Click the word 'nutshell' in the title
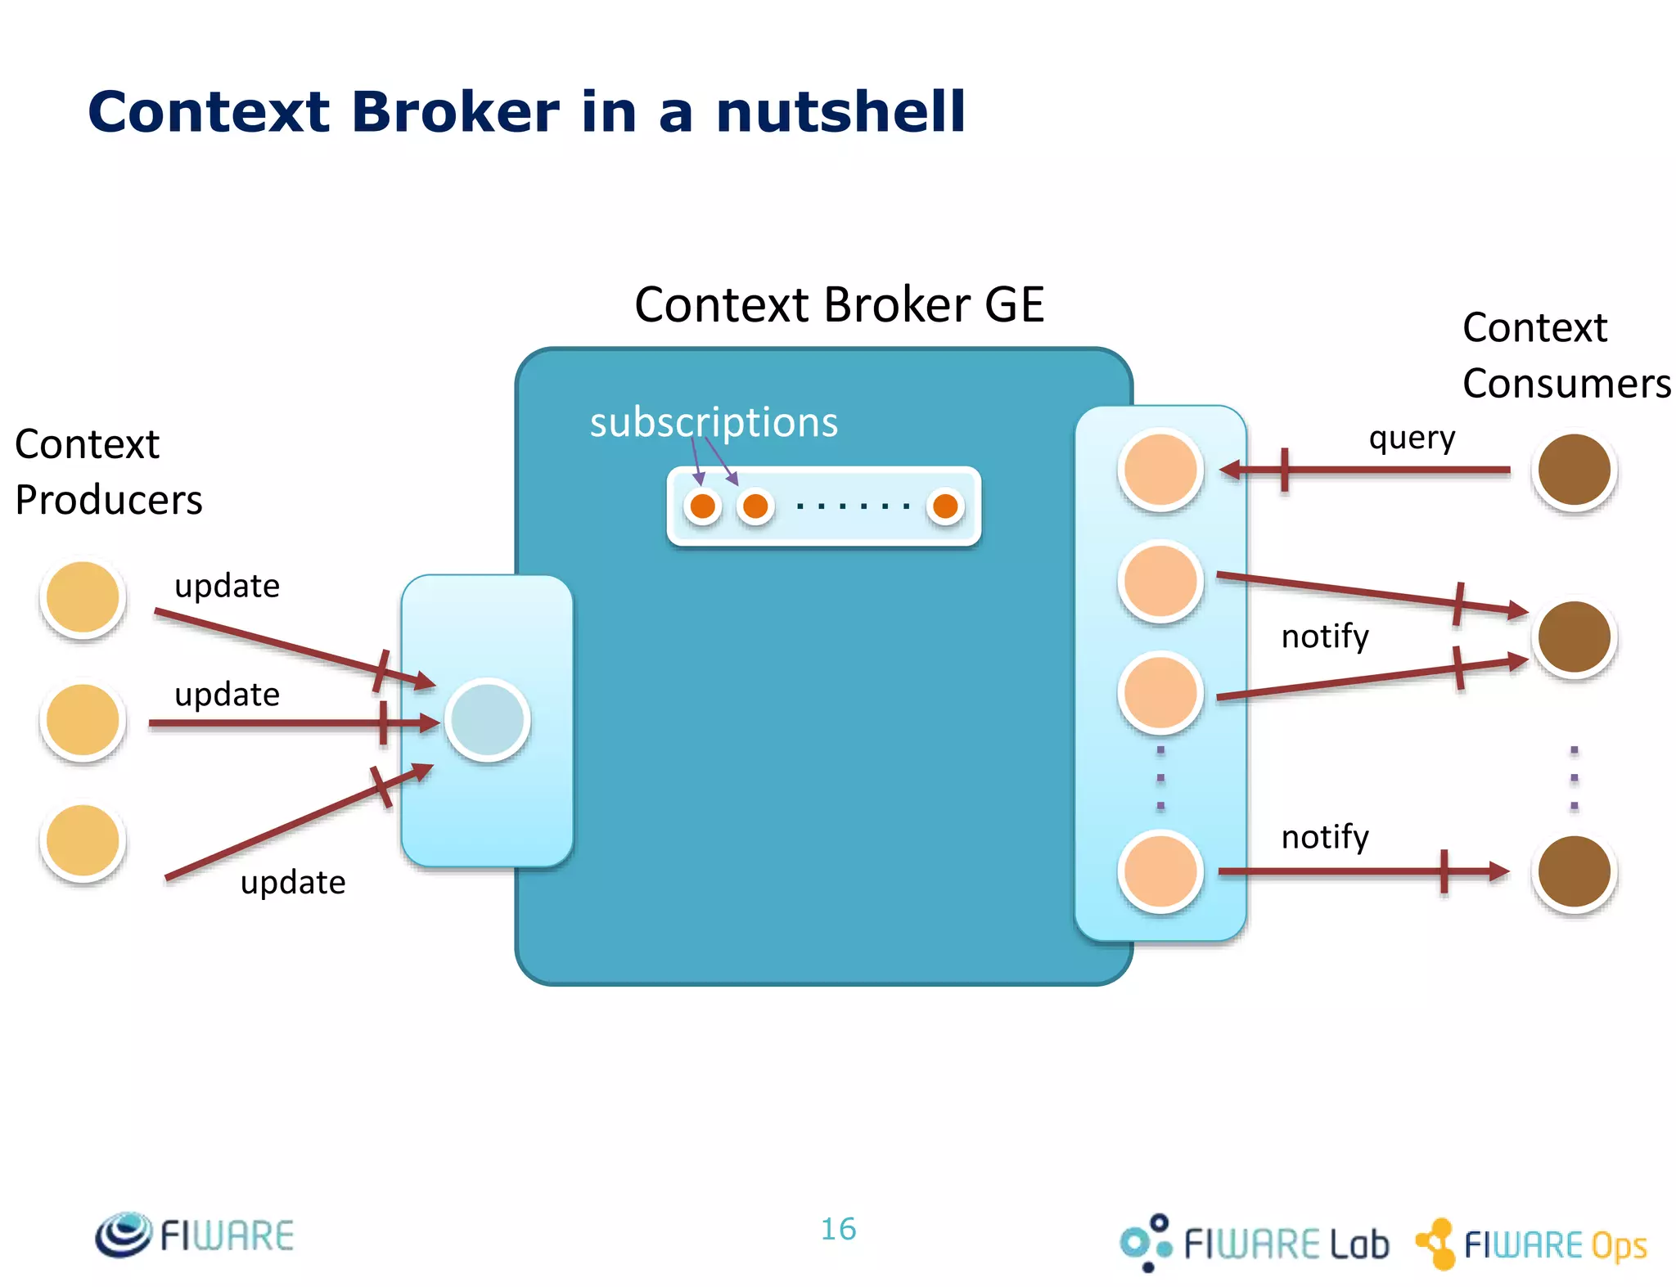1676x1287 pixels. (840, 112)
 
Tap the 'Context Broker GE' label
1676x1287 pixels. (839, 305)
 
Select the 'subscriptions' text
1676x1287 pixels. (714, 423)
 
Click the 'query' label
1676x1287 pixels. (1412, 439)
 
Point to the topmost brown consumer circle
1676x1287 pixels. (1573, 470)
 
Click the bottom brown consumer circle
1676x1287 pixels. (1573, 871)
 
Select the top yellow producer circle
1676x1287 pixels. (83, 597)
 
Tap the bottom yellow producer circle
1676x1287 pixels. (83, 840)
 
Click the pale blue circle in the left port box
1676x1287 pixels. (488, 720)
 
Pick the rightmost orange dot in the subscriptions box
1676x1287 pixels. (945, 506)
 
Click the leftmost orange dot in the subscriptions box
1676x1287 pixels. (702, 506)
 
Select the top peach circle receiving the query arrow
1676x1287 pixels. (1160, 470)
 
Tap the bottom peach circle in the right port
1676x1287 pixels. (1160, 871)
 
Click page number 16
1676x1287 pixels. (838, 1229)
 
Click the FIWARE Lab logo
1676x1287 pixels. (1254, 1243)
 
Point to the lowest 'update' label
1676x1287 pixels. (293, 883)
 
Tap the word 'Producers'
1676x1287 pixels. (109, 500)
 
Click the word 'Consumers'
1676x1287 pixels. (1566, 384)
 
